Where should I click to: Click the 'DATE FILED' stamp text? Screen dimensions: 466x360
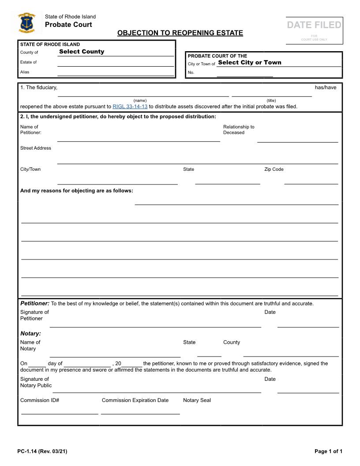tap(314, 25)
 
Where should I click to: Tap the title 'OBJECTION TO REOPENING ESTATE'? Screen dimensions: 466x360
tap(180, 33)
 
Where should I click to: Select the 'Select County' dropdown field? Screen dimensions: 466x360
tap(82, 52)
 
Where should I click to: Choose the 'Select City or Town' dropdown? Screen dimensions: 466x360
tap(250, 63)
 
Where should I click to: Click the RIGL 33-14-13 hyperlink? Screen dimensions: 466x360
tap(130, 106)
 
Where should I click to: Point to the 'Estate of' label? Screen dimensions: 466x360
tap(29, 62)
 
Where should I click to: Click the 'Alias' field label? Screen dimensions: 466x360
tap(25, 72)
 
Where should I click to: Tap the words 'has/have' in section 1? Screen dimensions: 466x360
tap(326, 87)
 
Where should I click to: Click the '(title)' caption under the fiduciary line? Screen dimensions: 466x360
tap(271, 101)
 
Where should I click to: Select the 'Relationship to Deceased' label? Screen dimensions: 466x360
tap(239, 130)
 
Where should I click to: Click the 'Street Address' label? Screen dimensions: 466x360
tap(36, 148)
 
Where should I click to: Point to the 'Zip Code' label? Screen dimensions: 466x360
tap(274, 169)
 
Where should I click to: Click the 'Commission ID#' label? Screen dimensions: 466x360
tap(40, 400)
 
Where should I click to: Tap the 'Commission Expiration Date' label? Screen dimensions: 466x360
tap(135, 400)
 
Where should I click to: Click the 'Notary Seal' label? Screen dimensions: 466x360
tap(197, 400)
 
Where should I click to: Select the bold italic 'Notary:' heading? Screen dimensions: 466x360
tap(30, 334)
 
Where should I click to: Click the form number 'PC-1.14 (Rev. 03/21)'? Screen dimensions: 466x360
tap(42, 451)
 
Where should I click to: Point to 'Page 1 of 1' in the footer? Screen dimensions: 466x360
tap(328, 451)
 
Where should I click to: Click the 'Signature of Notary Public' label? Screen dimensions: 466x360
tap(36, 382)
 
